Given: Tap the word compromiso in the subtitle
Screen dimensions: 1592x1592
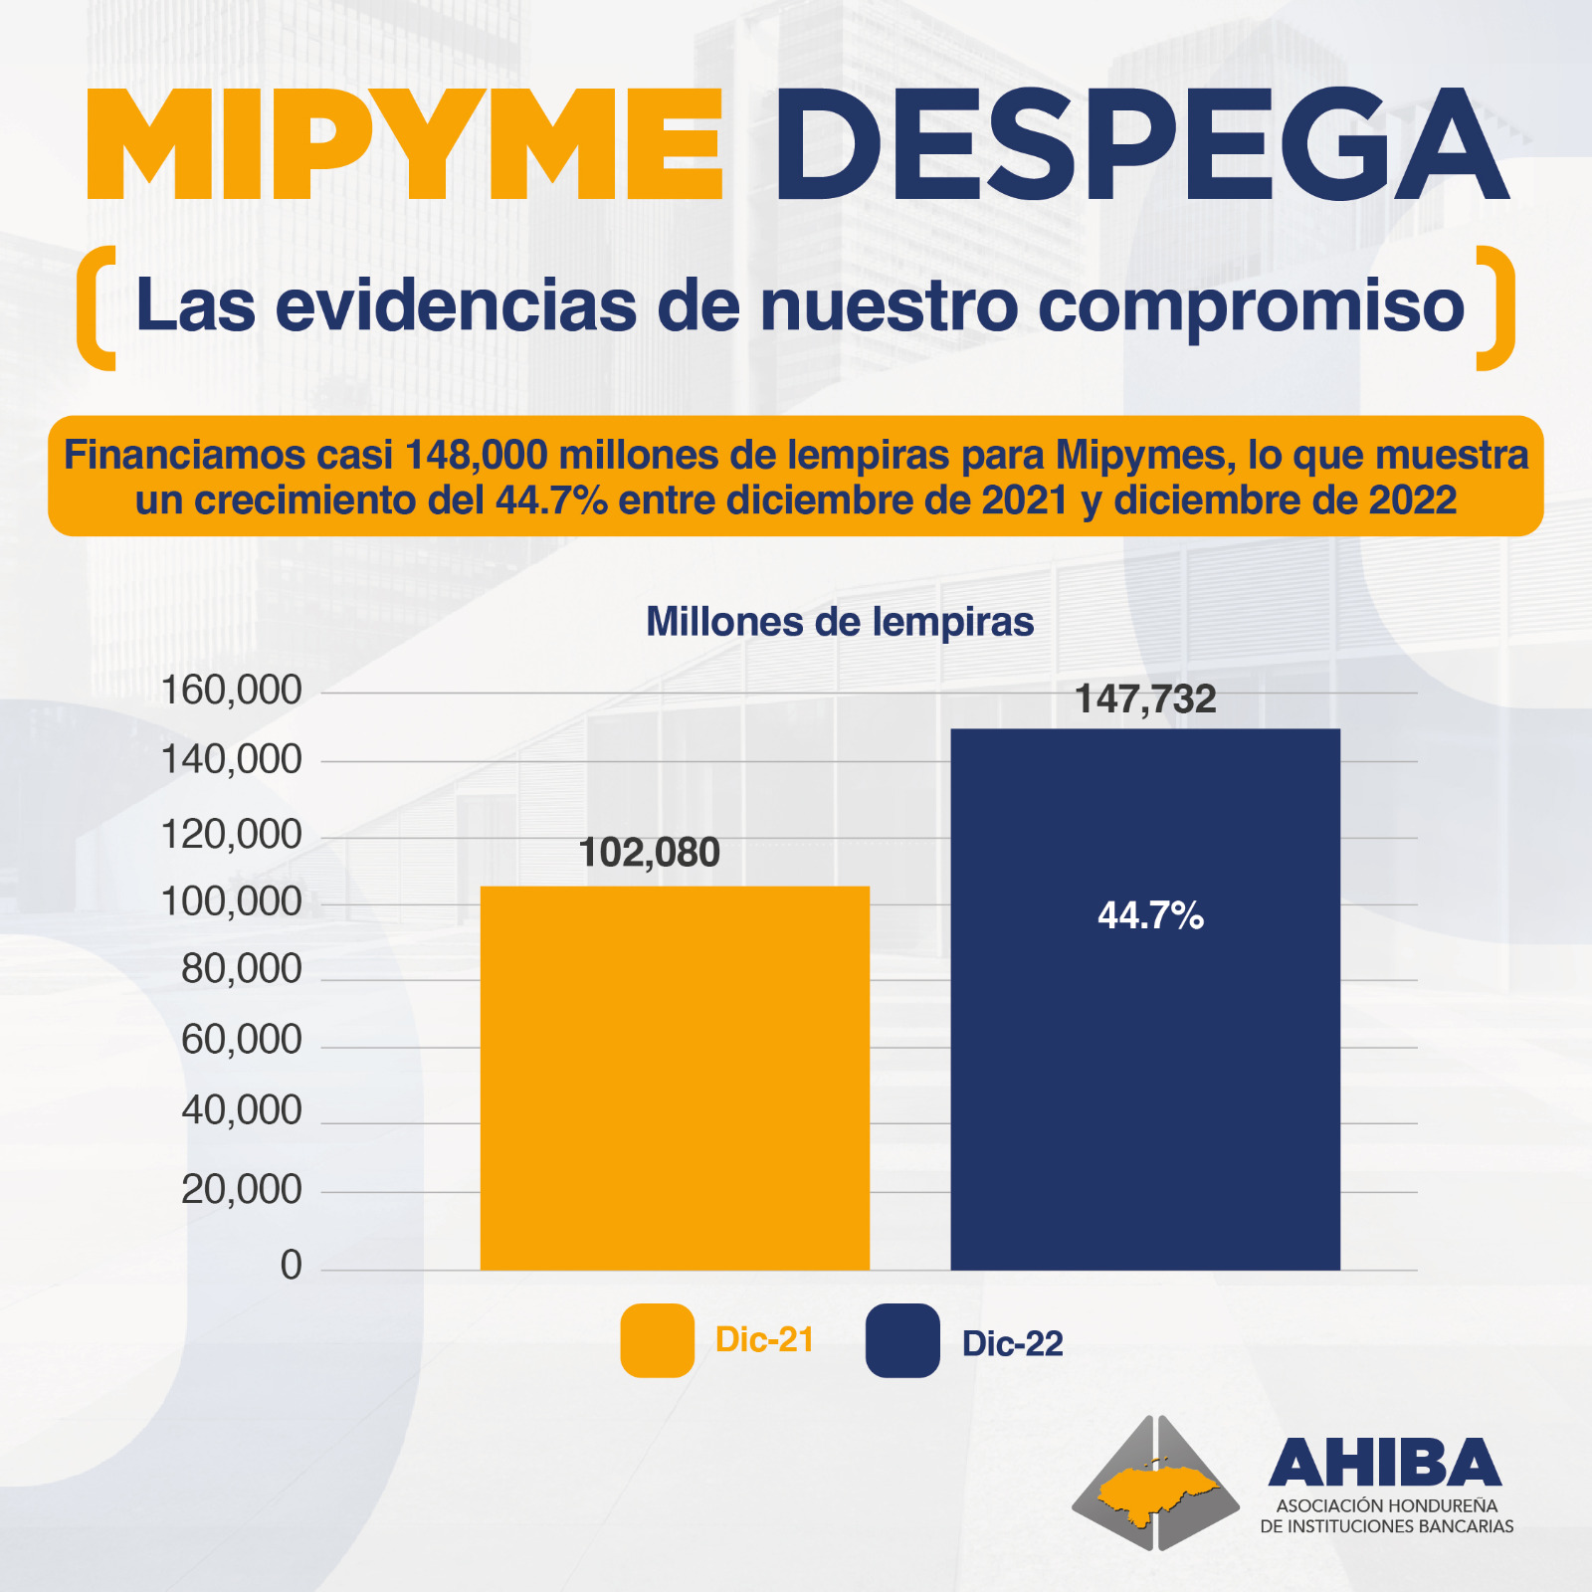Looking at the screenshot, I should pyautogui.click(x=1251, y=306).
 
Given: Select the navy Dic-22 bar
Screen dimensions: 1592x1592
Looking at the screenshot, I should pyautogui.click(x=1145, y=999).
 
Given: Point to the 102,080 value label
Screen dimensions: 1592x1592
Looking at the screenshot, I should pyautogui.click(x=649, y=853).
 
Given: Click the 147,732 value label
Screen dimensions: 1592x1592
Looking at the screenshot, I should pyautogui.click(x=1145, y=699).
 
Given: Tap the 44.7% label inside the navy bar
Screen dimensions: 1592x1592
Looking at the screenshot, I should pyautogui.click(x=1150, y=915).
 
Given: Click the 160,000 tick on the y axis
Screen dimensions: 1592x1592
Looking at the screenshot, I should pyautogui.click(x=231, y=690).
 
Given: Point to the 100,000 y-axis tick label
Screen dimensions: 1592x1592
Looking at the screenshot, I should pyautogui.click(x=231, y=901).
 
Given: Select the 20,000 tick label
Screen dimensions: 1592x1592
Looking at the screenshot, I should pyautogui.click(x=241, y=1189).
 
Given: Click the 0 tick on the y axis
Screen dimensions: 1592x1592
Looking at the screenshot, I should pyautogui.click(x=291, y=1266).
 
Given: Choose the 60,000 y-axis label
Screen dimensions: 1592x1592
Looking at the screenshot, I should pyautogui.click(x=241, y=1040).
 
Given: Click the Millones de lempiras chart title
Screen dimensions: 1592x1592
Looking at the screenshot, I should pyautogui.click(x=840, y=622).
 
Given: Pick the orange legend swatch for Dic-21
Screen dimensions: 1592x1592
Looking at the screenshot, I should pyautogui.click(x=657, y=1340).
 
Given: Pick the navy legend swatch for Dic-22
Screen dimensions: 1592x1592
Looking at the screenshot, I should pyautogui.click(x=902, y=1340).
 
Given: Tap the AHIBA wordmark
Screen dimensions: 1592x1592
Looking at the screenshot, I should pyautogui.click(x=1384, y=1463).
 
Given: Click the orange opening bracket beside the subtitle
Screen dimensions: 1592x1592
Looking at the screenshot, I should pyautogui.click(x=97, y=307).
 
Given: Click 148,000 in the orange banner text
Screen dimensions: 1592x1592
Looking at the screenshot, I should pyautogui.click(x=477, y=456).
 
